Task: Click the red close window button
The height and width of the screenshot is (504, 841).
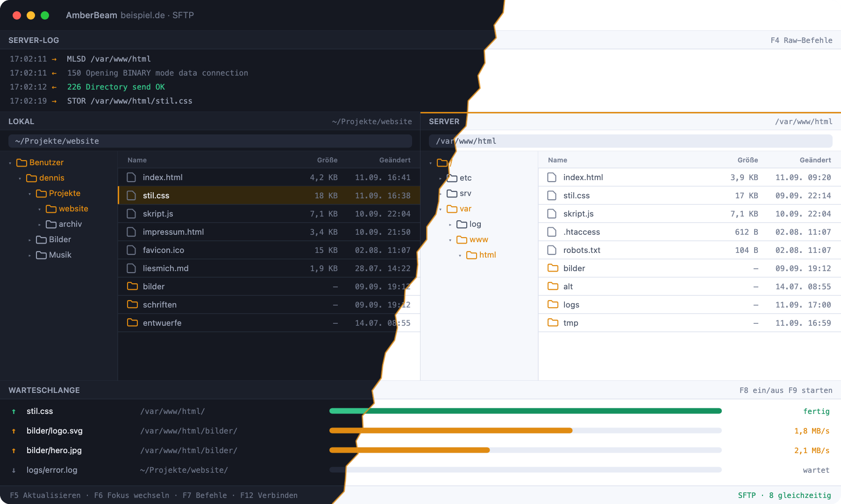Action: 17,15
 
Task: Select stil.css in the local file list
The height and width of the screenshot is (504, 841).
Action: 156,196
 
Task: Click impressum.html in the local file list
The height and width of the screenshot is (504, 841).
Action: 173,232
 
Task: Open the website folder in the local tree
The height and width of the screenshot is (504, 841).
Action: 73,209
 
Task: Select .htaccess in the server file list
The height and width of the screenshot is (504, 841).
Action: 582,232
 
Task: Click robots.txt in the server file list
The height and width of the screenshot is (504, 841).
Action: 582,250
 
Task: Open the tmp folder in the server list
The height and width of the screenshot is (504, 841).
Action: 570,323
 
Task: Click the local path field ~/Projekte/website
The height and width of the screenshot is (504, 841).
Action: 210,141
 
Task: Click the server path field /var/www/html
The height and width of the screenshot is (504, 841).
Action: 631,141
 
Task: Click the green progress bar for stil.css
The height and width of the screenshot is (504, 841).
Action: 526,411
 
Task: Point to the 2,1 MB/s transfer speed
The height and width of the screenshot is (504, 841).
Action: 812,450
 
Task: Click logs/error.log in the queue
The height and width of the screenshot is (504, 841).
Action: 52,470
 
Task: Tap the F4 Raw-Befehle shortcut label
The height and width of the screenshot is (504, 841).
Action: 801,40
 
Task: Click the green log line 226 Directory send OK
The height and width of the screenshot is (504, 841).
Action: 116,87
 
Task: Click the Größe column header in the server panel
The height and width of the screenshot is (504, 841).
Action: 748,160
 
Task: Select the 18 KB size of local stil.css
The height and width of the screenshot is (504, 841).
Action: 326,196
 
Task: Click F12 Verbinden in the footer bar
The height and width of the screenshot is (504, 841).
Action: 269,495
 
